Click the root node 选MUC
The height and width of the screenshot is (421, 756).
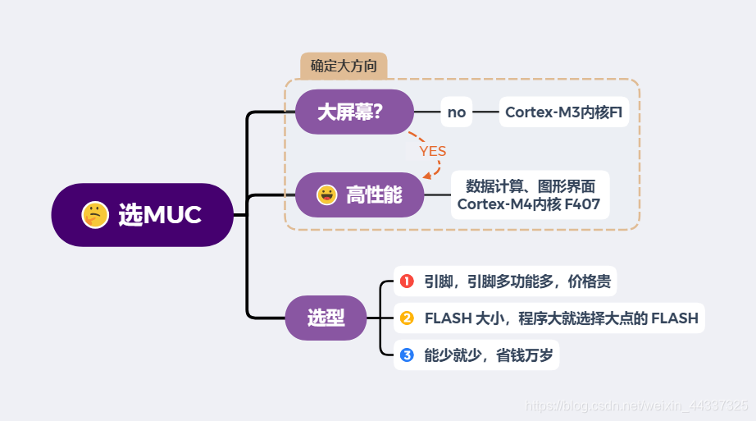(143, 215)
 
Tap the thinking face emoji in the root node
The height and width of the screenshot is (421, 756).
(95, 215)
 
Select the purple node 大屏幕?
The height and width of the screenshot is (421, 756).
(353, 112)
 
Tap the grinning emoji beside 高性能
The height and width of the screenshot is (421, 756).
(327, 194)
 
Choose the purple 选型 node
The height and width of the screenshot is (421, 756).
(326, 318)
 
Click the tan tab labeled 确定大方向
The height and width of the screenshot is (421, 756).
(344, 66)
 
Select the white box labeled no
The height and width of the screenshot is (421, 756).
(457, 112)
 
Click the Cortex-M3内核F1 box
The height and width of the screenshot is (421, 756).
(563, 112)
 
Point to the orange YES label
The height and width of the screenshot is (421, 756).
(433, 151)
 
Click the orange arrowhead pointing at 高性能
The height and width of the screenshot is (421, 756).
(426, 175)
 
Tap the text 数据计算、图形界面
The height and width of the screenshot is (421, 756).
(530, 185)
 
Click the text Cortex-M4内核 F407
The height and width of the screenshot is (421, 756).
(530, 204)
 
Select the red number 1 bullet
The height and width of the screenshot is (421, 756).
(407, 281)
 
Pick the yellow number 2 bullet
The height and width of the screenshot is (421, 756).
(407, 318)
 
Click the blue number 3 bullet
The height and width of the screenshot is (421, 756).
(407, 355)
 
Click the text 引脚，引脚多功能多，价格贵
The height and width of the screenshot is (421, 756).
(517, 281)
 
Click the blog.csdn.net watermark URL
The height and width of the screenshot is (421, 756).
(635, 406)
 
